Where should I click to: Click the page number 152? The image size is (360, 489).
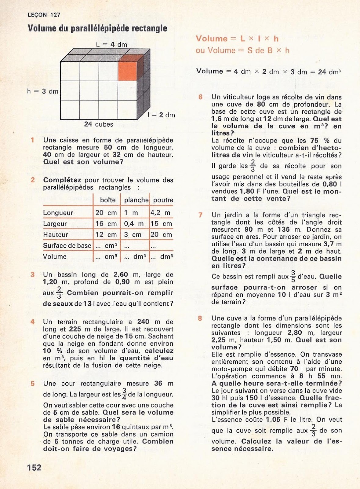[34, 468]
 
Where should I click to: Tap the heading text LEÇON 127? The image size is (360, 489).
[44, 15]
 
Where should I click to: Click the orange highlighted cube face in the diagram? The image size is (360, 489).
[127, 71]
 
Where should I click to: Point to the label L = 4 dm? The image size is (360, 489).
[111, 44]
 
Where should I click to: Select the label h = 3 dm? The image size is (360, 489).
[43, 91]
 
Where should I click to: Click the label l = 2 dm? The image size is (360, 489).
[161, 115]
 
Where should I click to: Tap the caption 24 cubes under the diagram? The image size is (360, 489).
[99, 124]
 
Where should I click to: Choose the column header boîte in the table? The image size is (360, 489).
[108, 200]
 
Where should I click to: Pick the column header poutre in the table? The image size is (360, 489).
[163, 200]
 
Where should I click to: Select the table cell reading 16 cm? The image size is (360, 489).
[106, 224]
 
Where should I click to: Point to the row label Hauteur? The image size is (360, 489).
[56, 235]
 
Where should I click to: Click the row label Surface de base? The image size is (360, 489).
[67, 246]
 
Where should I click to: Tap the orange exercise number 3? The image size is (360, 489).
[33, 274]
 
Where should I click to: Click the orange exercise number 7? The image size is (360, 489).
[200, 215]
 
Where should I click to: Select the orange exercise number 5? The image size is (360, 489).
[33, 384]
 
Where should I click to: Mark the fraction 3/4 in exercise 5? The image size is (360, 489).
[124, 394]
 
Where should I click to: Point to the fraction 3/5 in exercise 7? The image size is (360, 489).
[293, 277]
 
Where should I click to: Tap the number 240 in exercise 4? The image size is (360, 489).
[143, 322]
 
